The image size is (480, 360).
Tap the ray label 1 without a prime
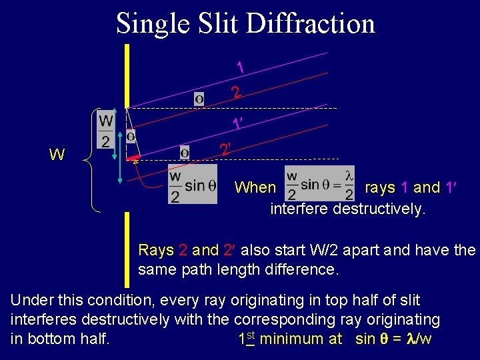tap(240, 67)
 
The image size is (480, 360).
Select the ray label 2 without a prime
tap(236, 92)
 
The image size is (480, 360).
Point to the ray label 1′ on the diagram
tap(238, 124)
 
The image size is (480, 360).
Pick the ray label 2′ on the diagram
tap(226, 149)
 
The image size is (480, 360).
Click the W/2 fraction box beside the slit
tap(105, 129)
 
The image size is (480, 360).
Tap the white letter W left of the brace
tap(57, 156)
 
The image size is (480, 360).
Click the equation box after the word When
tap(319, 183)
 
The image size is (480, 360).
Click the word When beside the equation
tap(255, 188)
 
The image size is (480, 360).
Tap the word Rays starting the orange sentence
tap(155, 251)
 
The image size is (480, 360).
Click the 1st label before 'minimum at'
tap(246, 338)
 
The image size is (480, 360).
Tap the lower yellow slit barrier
tap(126, 247)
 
